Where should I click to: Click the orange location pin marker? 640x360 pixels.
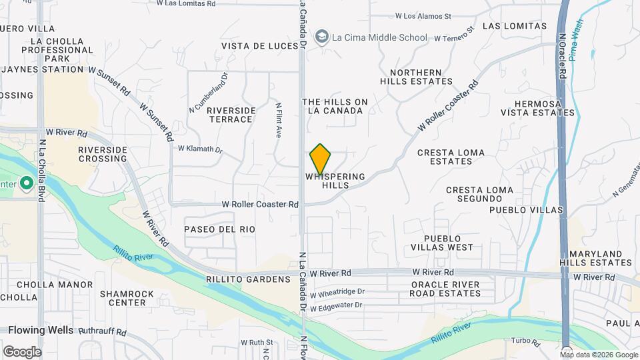click(x=321, y=159)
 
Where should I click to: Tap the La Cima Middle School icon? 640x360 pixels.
click(x=323, y=37)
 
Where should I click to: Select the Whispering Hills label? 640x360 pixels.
click(x=335, y=181)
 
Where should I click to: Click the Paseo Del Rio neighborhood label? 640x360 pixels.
click(x=220, y=229)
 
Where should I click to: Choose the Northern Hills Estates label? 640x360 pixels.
click(x=416, y=77)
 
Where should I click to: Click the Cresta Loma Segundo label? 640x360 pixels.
click(x=480, y=195)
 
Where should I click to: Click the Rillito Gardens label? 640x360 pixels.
click(x=249, y=279)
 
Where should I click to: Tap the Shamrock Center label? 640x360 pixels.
click(x=127, y=298)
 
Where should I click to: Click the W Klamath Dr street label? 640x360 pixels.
click(x=199, y=148)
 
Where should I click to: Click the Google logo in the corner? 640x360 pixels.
click(x=22, y=351)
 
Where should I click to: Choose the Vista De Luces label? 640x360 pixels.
click(x=259, y=45)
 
